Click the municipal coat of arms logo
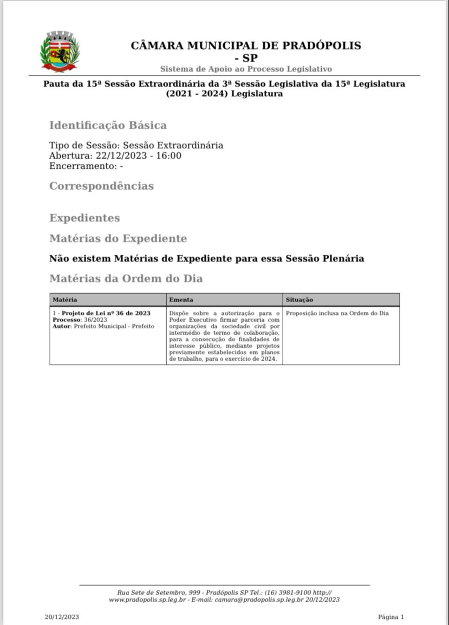coord(60,51)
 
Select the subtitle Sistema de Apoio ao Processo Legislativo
coord(246,69)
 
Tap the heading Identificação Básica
coord(108,126)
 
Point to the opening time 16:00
coord(169,156)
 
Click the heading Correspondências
coord(101,186)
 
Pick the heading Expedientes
coord(84,218)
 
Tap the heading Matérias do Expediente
coord(118,239)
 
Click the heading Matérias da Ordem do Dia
coord(126,279)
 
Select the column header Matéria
coord(65,300)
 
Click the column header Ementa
coord(181,300)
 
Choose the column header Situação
coord(299,300)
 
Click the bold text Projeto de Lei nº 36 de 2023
coord(106,313)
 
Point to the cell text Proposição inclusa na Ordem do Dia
coord(337,313)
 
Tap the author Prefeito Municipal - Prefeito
coord(114,326)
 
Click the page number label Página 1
coord(391,617)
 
